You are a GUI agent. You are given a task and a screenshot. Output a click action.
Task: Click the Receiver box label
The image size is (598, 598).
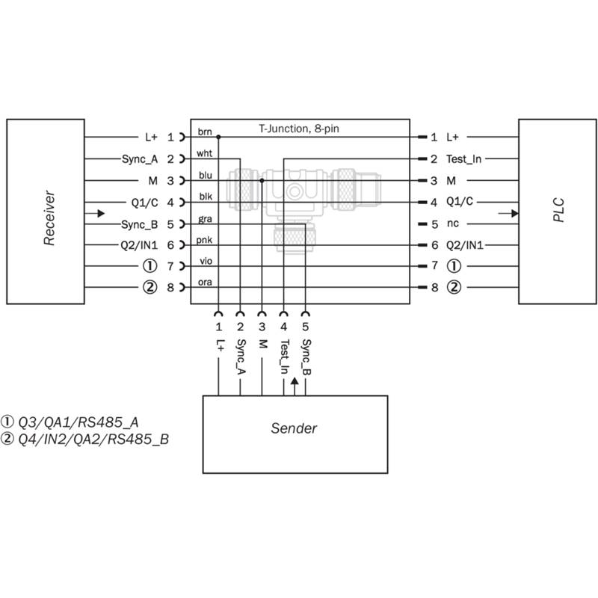[49, 218]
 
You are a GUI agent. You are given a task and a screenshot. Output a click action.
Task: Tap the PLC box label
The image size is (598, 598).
[558, 210]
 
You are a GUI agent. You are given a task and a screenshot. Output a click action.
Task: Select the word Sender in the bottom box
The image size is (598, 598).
[294, 428]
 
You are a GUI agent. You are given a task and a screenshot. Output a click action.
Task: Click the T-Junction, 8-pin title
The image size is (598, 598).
[299, 129]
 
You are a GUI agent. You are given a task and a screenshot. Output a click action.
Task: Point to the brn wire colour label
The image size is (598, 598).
[205, 132]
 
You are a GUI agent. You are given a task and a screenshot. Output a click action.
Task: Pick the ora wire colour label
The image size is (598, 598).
[205, 283]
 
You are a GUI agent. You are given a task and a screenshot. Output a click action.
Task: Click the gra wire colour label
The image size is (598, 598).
[205, 219]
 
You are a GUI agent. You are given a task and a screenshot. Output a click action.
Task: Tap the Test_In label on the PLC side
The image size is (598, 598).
[463, 159]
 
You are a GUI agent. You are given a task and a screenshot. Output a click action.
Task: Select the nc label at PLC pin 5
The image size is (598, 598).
[453, 224]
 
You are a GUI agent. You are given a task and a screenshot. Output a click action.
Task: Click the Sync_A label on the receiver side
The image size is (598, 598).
[140, 159]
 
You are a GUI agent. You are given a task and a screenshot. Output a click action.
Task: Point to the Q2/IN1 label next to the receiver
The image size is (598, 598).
[139, 245]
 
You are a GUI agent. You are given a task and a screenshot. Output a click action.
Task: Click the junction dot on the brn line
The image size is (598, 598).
[218, 137]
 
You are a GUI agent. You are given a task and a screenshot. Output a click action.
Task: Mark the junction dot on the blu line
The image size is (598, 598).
[262, 180]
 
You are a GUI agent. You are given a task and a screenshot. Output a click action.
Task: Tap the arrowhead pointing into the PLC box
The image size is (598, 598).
[515, 214]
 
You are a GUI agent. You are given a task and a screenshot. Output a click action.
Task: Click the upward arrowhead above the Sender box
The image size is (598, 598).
[295, 381]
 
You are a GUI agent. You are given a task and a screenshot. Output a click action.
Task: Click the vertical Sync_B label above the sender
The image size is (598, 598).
[306, 357]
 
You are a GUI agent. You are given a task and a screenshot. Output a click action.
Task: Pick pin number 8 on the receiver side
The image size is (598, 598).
[170, 288]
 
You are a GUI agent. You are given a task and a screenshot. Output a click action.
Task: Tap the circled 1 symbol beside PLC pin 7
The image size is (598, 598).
[454, 266]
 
